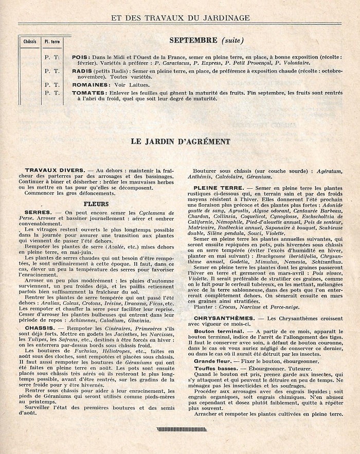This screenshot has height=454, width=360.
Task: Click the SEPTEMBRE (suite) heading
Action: coord(206,40)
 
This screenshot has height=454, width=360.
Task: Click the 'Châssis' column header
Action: coord(30,41)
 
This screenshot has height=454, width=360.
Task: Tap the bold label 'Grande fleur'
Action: coord(211,361)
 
